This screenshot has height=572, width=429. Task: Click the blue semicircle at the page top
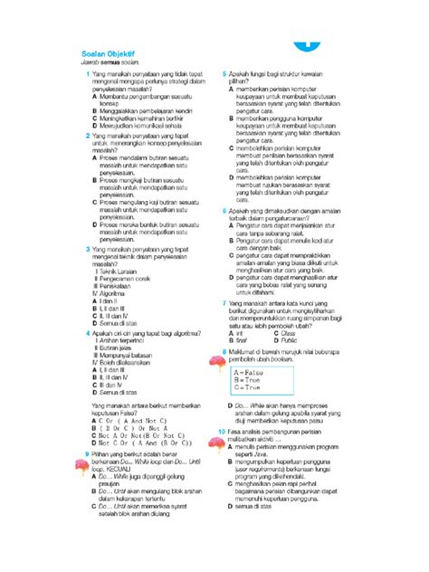(x=302, y=48)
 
